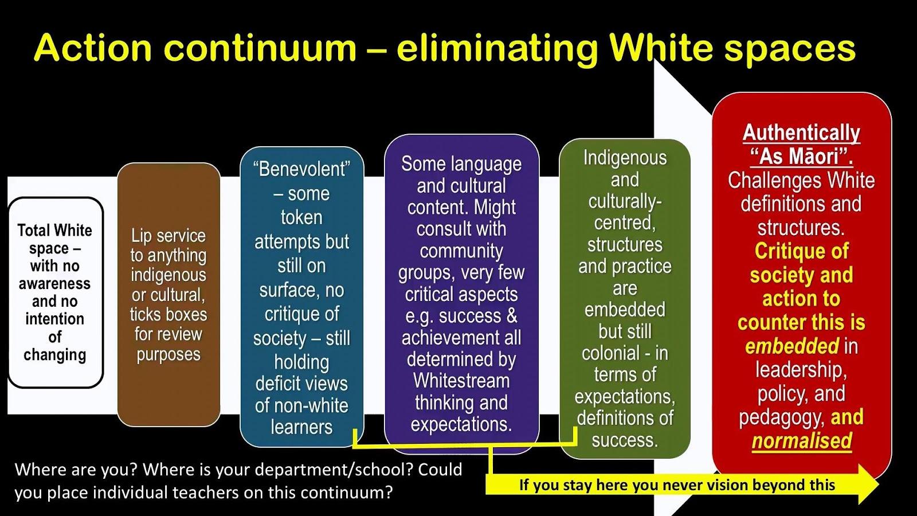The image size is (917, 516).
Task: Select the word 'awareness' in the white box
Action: click(54, 283)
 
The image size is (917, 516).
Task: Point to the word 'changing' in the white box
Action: click(54, 355)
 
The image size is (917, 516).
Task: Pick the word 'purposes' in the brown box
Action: click(168, 355)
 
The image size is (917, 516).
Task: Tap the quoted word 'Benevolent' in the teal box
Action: click(301, 169)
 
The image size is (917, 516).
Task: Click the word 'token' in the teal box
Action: click(301, 217)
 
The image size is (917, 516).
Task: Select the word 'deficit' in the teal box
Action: click(281, 384)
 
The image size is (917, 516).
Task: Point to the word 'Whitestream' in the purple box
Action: click(461, 381)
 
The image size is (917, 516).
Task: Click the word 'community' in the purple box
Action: click(461, 251)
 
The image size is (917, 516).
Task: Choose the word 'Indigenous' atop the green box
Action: click(625, 158)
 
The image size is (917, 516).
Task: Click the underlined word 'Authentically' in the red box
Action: click(802, 132)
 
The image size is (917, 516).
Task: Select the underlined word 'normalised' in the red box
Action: click(802, 441)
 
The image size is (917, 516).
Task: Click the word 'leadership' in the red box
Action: click(801, 370)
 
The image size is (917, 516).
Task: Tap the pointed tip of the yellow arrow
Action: click(879, 484)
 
